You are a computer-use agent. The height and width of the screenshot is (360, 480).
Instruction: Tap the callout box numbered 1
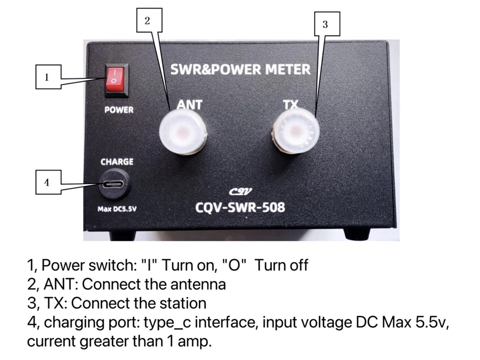48,76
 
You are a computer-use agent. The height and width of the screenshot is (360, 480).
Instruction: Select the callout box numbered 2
149,20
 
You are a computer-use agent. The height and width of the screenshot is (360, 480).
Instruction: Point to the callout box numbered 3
327,24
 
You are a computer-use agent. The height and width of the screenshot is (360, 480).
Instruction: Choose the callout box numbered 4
48,182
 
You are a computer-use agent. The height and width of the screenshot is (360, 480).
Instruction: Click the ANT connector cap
183,132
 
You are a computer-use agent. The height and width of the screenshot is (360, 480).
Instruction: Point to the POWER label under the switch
119,110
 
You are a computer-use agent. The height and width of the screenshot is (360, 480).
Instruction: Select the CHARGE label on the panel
117,161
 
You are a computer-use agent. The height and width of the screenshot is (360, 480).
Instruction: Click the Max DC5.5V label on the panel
117,209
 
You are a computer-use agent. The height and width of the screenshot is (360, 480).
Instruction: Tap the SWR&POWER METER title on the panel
240,69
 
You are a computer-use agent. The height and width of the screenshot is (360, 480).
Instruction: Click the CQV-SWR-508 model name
240,207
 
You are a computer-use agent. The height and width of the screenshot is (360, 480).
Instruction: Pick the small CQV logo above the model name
240,191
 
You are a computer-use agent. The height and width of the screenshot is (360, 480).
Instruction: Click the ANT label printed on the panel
189,104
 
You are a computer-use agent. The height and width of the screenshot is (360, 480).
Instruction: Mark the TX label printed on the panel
290,105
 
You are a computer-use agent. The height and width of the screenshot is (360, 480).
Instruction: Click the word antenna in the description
198,284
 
